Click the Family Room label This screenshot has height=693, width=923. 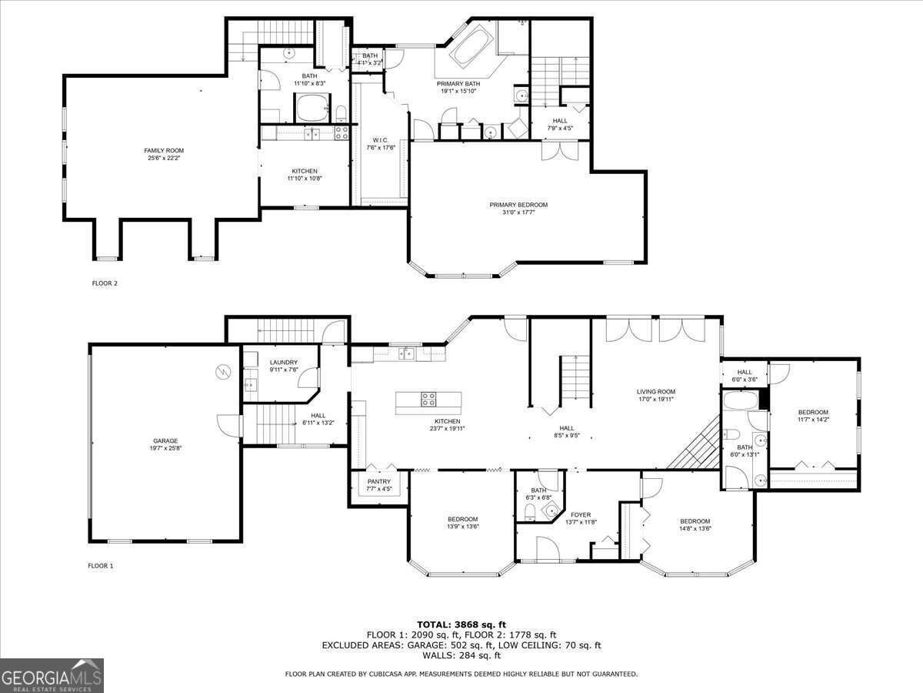[164, 150]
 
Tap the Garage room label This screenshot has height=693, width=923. [165, 441]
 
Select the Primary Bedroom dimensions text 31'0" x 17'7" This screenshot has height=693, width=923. [518, 213]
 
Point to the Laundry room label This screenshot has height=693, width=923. [283, 362]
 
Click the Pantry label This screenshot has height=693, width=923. [378, 482]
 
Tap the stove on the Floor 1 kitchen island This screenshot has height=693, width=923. [428, 399]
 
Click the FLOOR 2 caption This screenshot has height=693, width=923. [105, 283]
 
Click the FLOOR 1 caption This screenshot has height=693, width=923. [100, 566]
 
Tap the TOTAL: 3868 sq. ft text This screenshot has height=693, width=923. [461, 624]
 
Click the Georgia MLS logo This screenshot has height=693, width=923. [52, 675]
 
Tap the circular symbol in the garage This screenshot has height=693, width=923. [223, 371]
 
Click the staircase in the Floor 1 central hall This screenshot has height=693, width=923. [574, 379]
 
